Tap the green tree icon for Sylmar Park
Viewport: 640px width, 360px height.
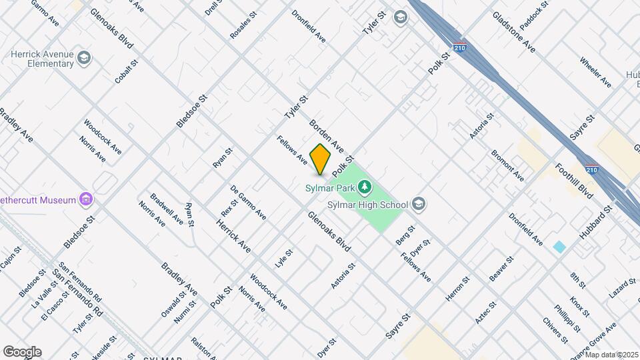365,185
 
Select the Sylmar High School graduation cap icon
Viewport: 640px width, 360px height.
419,203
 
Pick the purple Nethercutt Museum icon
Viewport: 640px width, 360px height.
85,198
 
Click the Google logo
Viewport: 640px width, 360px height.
22,351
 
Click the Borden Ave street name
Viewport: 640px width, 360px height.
326,135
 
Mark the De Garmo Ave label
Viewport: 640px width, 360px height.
248,203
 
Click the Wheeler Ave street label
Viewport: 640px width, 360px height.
595,73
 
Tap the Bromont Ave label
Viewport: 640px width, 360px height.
507,165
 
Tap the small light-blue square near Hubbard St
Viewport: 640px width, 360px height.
559,247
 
